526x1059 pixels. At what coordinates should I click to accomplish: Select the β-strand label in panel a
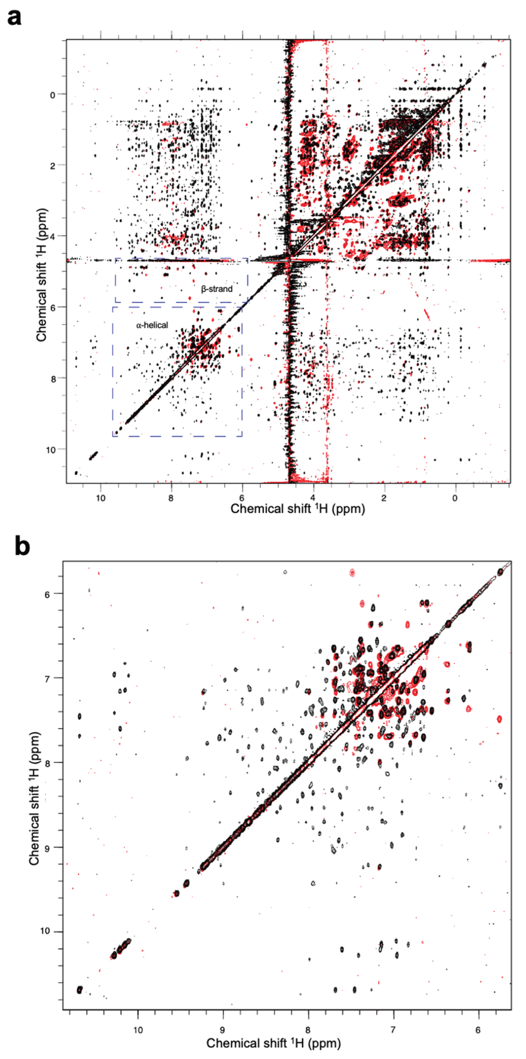click(x=216, y=289)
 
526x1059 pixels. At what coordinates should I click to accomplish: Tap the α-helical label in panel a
click(x=152, y=325)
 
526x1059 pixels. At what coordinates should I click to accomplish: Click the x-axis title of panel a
click(x=297, y=509)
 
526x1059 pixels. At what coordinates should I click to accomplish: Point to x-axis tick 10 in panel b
click(x=138, y=1027)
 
